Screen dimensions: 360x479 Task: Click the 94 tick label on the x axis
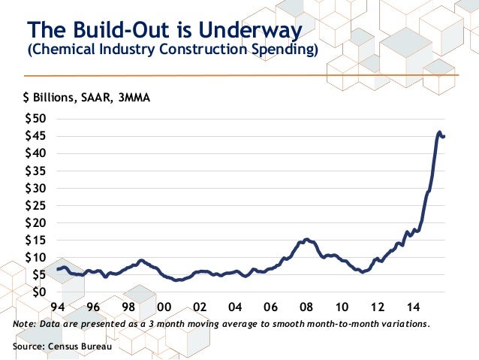pos(56,307)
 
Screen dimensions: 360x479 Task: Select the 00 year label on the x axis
pos(164,307)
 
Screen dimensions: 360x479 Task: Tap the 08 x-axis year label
pos(306,307)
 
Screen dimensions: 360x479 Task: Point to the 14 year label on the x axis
pos(413,307)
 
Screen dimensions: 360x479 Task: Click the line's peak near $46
pos(439,132)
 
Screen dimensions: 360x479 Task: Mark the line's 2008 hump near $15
pos(306,239)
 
